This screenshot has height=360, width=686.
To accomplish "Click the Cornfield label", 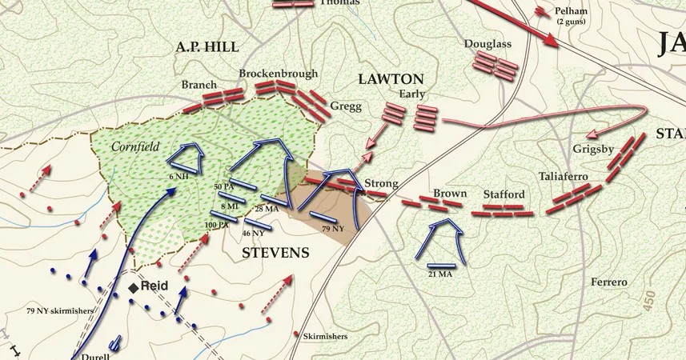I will [x=134, y=147].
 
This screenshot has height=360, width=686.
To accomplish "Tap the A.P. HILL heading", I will [x=207, y=47].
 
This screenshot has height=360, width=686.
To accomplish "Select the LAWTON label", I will [x=391, y=79].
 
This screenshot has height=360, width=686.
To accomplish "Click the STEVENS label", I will [x=275, y=253].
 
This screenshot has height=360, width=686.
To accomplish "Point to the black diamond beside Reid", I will [x=134, y=287].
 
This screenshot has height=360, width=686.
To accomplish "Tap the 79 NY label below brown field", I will [x=332, y=230].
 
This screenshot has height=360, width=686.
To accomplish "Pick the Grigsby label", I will [x=593, y=149].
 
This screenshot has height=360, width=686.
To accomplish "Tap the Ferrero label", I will [x=610, y=282].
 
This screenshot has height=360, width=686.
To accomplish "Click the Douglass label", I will [x=487, y=43].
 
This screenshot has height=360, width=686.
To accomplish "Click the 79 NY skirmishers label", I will [x=59, y=310].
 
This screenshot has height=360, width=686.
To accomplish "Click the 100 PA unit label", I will [x=216, y=225].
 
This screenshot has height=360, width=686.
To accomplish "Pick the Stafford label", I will [x=504, y=194].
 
